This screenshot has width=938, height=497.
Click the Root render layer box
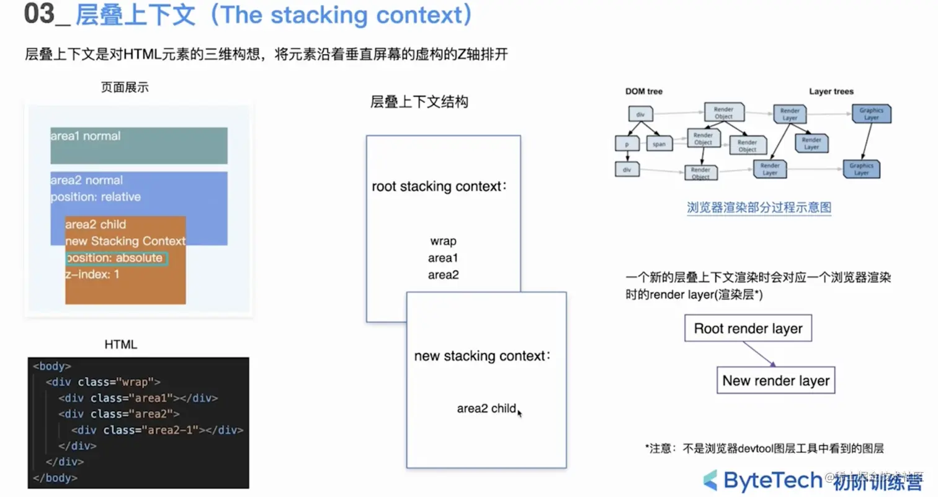(x=748, y=328)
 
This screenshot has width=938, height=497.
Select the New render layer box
(x=775, y=380)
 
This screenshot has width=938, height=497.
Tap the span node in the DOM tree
(x=659, y=144)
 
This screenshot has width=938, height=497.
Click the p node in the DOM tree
(x=627, y=144)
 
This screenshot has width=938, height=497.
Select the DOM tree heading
(x=644, y=91)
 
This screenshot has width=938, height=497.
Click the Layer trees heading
(x=831, y=91)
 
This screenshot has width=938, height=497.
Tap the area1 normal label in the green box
(x=86, y=136)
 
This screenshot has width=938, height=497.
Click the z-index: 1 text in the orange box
(x=92, y=273)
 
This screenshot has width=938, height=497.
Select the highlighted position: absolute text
(x=117, y=258)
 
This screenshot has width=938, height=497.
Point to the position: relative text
(x=96, y=197)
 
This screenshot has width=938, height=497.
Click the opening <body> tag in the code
(x=52, y=366)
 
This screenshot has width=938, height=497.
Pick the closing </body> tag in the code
(x=55, y=478)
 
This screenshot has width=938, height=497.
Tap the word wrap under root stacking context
(x=443, y=241)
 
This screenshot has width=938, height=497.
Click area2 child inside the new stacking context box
(x=486, y=408)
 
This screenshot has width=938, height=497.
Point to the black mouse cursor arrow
(x=519, y=413)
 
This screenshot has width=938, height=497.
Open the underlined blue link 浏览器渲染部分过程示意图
(x=759, y=207)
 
